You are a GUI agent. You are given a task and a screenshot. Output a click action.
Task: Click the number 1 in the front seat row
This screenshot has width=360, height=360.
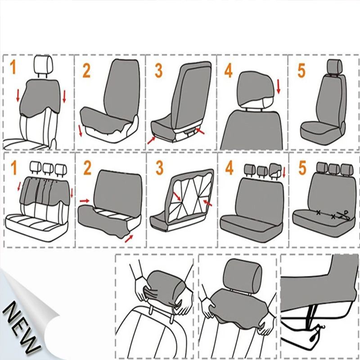tap(13, 67)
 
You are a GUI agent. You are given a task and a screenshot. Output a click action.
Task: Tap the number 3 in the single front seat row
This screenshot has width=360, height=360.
tap(159, 70)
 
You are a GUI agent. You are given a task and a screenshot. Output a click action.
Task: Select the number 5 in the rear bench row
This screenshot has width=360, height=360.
tap(302, 167)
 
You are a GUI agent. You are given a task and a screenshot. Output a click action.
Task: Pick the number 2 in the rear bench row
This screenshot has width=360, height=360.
tap(87, 167)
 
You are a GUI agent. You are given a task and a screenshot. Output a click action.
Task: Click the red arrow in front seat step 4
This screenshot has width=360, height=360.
tap(279, 86)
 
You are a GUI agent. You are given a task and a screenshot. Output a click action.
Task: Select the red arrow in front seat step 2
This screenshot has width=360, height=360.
tap(80, 130)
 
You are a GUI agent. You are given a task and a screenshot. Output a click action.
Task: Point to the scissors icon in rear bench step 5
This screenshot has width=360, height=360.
tap(344, 216)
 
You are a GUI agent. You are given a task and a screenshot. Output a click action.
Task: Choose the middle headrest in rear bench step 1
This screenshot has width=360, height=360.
tap(48, 168)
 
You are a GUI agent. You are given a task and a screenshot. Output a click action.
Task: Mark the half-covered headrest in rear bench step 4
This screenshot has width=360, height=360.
tap(275, 171)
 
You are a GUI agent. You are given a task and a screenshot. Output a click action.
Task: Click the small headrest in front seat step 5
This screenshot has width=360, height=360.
tap(334, 66)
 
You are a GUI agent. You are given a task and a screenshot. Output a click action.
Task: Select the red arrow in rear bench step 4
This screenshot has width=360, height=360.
tap(284, 173)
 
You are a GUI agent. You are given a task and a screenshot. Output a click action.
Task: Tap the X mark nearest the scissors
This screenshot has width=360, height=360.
tap(333, 216)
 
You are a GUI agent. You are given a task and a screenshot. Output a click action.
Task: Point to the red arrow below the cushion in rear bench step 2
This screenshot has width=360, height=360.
tap(129, 238)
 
